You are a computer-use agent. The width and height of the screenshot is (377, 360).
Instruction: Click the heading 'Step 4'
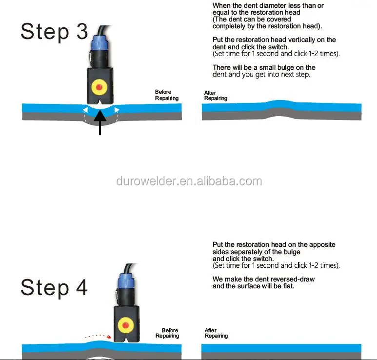pyautogui.click(x=54, y=287)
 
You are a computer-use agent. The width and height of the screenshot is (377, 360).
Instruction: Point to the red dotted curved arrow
pyautogui.click(x=98, y=336)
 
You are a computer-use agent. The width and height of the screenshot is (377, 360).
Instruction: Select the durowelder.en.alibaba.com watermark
pyautogui.click(x=189, y=181)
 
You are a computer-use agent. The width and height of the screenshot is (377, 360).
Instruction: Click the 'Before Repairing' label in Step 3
pyautogui.click(x=167, y=95)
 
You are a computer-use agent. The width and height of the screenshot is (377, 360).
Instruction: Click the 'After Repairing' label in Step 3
pyautogui.click(x=216, y=96)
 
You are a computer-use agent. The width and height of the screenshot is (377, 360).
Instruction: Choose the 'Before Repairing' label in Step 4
pyautogui.click(x=167, y=333)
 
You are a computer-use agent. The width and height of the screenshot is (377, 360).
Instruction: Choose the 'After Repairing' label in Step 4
pyautogui.click(x=216, y=333)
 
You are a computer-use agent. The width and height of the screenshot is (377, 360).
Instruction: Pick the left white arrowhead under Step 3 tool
pyautogui.click(x=85, y=110)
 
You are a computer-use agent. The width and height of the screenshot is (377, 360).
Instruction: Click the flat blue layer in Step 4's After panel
pyautogui.click(x=281, y=348)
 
